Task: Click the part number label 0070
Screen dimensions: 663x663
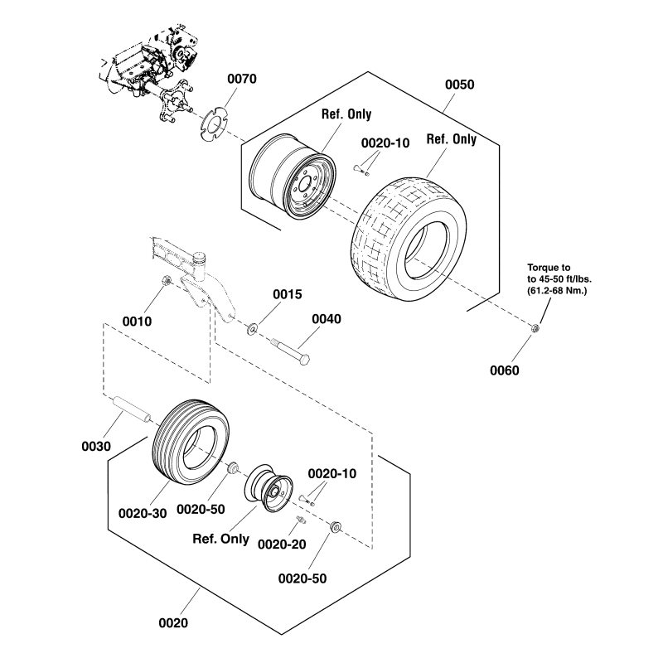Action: [x=241, y=80]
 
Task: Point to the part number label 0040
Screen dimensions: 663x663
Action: [x=327, y=318]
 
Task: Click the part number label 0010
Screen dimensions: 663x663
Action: [x=137, y=320]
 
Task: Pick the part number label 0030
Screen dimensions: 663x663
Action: [x=96, y=447]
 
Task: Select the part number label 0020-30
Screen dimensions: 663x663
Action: [x=143, y=513]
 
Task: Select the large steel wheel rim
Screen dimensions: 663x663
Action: [x=291, y=181]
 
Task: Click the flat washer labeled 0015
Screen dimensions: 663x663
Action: [x=252, y=330]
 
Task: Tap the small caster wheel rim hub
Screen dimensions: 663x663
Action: [x=270, y=490]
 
